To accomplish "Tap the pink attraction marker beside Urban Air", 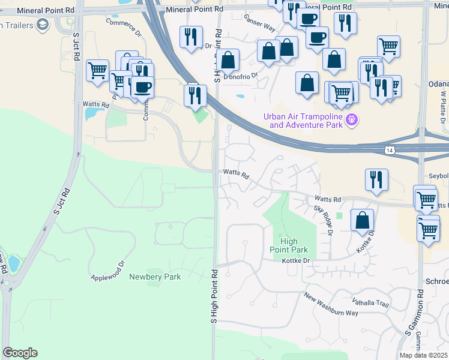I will coord(352,121).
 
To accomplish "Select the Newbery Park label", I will coord(155,277).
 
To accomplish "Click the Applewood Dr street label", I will coord(107,271).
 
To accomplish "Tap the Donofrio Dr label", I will coord(240,76).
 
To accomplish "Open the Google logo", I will coord(20,353).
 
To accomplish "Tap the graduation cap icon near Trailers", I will coord(43,25).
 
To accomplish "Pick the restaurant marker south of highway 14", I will coord(376,179).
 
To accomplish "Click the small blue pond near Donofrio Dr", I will coord(241,96).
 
